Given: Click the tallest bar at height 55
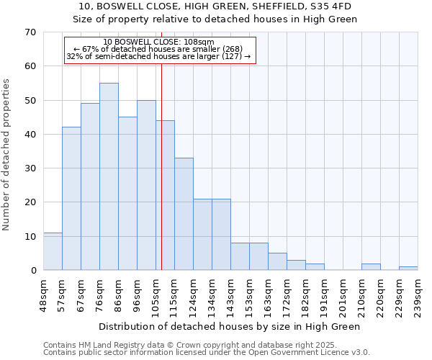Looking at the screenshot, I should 109,176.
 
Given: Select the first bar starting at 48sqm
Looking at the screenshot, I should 53,251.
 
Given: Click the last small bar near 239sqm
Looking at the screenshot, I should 408,269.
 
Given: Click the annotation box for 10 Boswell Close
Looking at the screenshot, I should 160,50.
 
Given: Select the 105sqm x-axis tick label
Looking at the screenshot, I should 156,294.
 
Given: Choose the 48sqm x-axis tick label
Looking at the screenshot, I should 43,293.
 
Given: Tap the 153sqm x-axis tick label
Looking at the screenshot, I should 249,294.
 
